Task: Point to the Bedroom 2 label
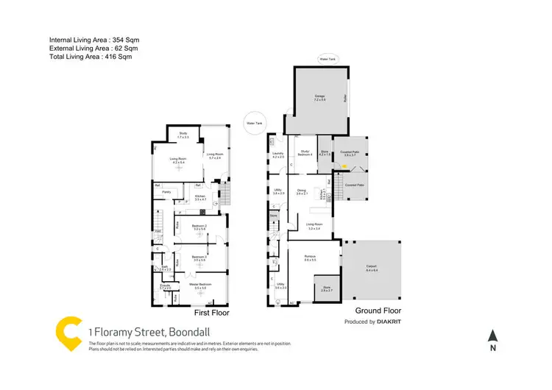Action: (x=199, y=226)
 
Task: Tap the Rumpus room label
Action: (x=310, y=258)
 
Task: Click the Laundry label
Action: (x=278, y=155)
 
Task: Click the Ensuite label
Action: (x=166, y=286)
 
